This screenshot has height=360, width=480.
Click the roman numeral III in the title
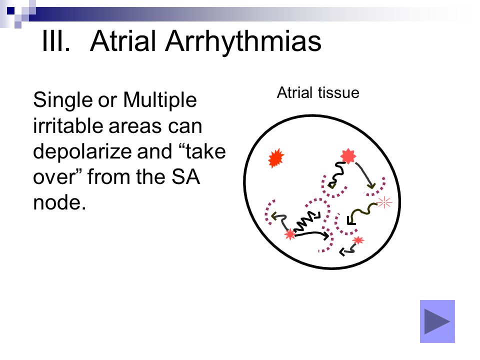tap(56, 41)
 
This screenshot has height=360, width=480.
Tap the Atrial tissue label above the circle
tap(318, 92)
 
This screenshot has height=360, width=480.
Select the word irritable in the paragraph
tap(67, 125)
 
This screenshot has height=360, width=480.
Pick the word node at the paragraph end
tap(59, 202)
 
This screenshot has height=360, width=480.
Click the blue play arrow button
tap(437, 321)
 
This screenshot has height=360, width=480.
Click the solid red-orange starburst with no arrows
tap(276, 158)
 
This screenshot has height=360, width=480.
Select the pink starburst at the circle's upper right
tap(348, 156)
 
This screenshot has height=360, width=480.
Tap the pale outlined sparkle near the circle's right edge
tap(384, 202)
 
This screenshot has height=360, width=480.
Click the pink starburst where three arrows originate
tap(289, 234)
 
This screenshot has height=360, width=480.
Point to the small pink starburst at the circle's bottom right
tap(358, 240)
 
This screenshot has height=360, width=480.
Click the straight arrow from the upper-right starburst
tap(365, 175)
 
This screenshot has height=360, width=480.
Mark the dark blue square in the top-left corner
tap(10, 10)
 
